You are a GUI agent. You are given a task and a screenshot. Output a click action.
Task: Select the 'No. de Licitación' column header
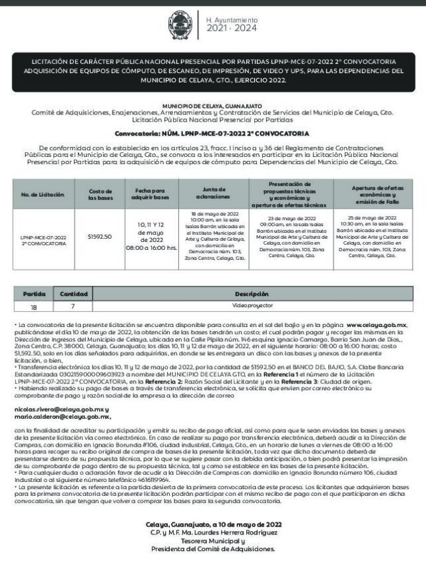[x=43, y=194]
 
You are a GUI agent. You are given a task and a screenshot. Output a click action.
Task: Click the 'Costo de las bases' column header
[x=101, y=194]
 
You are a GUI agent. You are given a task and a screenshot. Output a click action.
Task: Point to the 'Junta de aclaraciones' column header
[x=212, y=194]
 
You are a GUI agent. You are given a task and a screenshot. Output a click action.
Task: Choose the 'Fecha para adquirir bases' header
[x=152, y=194]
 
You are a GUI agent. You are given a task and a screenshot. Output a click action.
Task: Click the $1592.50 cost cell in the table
[x=100, y=236]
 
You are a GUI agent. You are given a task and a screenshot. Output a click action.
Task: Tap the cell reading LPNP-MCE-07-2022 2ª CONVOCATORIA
[x=43, y=239]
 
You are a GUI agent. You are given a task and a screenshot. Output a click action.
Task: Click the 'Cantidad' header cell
[x=73, y=294]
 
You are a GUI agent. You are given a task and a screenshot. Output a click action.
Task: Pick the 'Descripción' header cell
[x=252, y=294]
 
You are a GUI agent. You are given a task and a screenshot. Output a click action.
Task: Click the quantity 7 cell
[x=73, y=306]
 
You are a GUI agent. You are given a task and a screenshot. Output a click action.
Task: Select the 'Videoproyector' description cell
[x=252, y=306]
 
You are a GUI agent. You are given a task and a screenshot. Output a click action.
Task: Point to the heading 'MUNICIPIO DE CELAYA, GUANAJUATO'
[x=212, y=106]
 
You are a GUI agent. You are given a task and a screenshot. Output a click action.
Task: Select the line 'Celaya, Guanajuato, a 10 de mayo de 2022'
[x=212, y=525]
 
